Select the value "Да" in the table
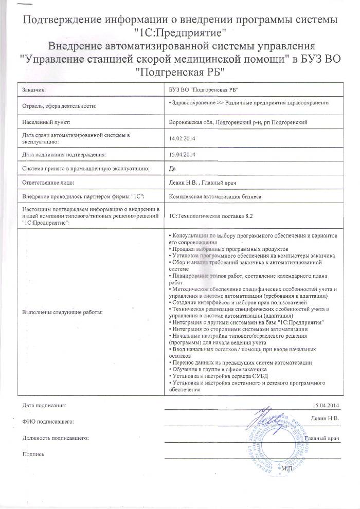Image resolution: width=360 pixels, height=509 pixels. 172,168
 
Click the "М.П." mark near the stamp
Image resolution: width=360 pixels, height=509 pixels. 286,469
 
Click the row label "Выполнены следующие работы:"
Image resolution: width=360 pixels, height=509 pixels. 62,312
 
